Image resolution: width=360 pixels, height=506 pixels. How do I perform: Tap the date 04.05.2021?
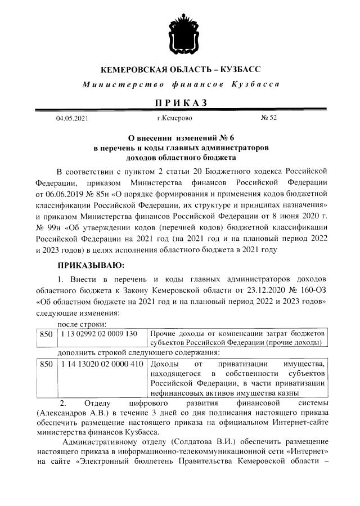[71, 119]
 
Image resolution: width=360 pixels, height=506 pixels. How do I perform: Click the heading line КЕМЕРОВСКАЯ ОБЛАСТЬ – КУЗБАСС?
[181, 70]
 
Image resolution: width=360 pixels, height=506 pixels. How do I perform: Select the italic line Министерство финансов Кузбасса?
[181, 84]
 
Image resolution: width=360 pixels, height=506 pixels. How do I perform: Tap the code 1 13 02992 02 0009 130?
[98, 334]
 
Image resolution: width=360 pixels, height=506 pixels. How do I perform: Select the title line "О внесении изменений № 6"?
[181, 137]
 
